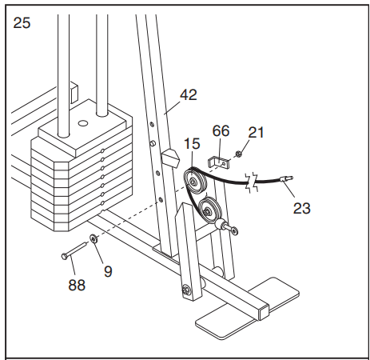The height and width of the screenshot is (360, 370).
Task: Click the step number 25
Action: coord(22,23)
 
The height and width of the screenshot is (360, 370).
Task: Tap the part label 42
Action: coord(189,95)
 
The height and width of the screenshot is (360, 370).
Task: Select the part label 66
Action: coord(221,131)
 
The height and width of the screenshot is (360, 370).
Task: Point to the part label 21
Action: coord(256,133)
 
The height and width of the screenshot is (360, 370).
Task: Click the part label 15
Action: coord(192,144)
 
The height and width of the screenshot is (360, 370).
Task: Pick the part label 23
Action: coord(302,208)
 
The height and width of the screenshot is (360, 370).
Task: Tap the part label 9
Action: coord(108,271)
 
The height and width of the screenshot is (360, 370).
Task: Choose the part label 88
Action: coord(77,285)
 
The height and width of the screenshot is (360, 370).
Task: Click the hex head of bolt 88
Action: coord(64,257)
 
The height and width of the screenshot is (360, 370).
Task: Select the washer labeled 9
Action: coord(93,238)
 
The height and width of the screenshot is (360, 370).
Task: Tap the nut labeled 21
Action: coord(238,154)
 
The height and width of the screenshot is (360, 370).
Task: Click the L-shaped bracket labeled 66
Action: coord(218,162)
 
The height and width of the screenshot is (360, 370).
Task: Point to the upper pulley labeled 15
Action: coord(195,182)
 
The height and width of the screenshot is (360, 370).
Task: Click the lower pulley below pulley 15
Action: coord(210,210)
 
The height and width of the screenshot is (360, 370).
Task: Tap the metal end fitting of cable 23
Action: coord(286,178)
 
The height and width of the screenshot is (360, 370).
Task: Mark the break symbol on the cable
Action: coord(252,182)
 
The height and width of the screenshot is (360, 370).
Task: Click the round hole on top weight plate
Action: coord(83,123)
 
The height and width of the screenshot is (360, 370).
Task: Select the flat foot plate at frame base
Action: coord(248,309)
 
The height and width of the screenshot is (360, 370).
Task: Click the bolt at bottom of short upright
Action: coord(186,290)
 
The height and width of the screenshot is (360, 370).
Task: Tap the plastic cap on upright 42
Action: coord(169,158)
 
